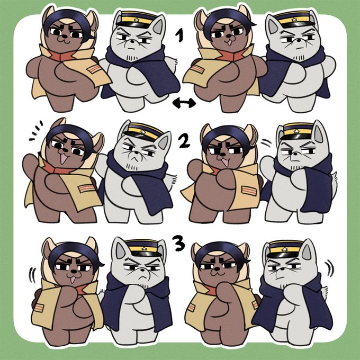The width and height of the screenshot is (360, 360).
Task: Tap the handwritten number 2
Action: tap(184, 140)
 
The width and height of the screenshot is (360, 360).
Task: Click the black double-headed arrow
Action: tap(184, 103)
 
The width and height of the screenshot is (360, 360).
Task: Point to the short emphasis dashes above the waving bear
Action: tap(36, 130)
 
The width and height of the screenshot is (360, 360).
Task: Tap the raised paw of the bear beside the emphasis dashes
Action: tap(29, 161)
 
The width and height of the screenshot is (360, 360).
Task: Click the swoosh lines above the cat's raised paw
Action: tap(266, 143)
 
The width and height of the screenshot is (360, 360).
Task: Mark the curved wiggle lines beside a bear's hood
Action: tap(32, 275)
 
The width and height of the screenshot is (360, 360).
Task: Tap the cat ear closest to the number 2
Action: tap(165, 140)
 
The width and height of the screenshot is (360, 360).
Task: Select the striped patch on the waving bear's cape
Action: tap(86, 188)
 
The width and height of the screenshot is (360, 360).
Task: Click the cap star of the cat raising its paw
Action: tap(296, 131)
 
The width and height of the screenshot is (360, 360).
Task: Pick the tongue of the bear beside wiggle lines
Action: tap(73, 280)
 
